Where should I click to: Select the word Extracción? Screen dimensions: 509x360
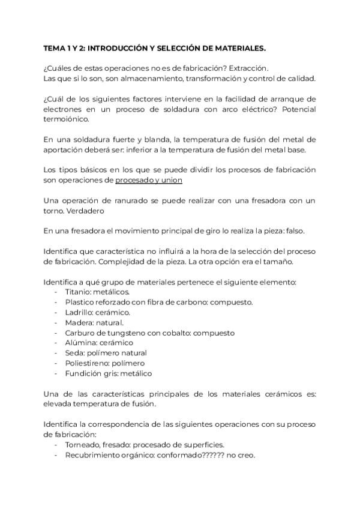(248, 68)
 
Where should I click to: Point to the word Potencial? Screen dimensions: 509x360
(295, 109)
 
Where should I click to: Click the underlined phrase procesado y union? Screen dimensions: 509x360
(149, 180)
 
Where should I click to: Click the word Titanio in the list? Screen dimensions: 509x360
(78, 292)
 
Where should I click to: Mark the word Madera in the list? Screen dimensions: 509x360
(79, 322)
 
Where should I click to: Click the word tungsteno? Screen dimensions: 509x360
(129, 333)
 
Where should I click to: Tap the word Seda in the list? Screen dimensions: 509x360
(74, 353)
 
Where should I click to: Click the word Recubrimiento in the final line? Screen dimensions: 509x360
(94, 455)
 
